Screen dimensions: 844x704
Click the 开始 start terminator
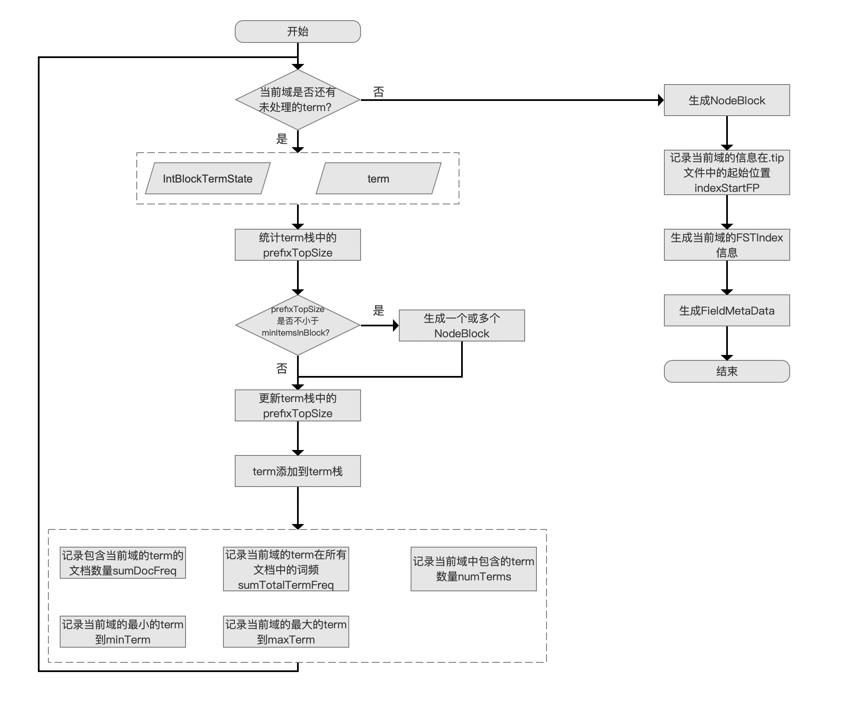coord(297,32)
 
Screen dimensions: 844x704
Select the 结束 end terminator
coord(727,371)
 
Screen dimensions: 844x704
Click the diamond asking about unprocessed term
coord(297,100)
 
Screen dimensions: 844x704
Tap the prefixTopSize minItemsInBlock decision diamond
coord(297,325)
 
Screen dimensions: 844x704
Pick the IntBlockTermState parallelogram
coord(208,179)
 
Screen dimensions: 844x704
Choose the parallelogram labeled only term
coord(378,179)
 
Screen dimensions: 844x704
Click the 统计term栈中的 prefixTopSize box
coord(297,245)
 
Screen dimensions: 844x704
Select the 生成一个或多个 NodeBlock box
coord(462,326)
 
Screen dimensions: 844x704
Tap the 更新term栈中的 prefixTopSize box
coord(297,405)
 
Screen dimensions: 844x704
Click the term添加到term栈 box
coord(297,471)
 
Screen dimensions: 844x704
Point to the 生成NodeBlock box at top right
coord(727,100)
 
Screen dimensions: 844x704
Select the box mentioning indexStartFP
coord(727,172)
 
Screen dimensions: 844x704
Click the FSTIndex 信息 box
coord(727,245)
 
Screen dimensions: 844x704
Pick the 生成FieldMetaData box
coord(727,310)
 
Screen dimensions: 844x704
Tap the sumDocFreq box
coord(122,563)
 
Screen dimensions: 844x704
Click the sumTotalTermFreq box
coord(286,569)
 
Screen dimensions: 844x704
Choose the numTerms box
coord(473,569)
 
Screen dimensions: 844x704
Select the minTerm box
coord(122,632)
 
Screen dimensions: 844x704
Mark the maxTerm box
coord(286,632)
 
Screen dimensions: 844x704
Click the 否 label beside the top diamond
coord(378,92)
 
